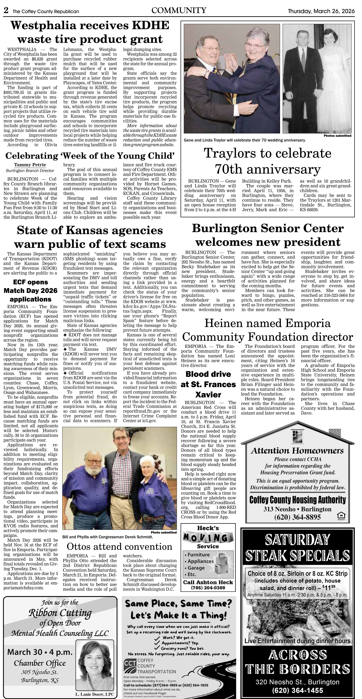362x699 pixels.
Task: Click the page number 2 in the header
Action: (x=6, y=11)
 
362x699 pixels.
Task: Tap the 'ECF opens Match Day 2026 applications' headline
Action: (x=30, y=291)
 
